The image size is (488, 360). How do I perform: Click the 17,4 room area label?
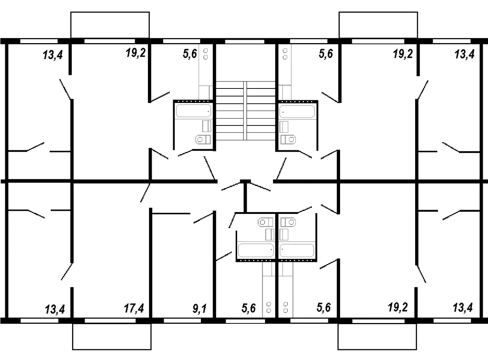click(x=134, y=309)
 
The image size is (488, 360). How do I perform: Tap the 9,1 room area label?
click(x=199, y=309)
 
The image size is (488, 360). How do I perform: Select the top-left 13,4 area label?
click(x=53, y=55)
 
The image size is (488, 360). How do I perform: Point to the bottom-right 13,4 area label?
click(x=463, y=307)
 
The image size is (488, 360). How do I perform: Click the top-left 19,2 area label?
click(x=135, y=53)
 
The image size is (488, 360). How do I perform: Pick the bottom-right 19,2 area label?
click(x=398, y=307)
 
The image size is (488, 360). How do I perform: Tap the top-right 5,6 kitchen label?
click(x=326, y=54)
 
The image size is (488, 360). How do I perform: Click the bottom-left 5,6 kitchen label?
click(x=248, y=309)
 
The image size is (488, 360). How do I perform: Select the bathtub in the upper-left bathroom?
click(x=193, y=111)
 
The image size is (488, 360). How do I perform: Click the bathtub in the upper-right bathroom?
click(x=297, y=111)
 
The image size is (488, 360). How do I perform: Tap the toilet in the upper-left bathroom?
click(x=203, y=140)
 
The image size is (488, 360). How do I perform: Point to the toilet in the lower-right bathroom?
click(x=288, y=222)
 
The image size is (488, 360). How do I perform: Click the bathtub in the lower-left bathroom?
click(x=256, y=250)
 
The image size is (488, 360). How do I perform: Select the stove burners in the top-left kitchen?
click(x=205, y=54)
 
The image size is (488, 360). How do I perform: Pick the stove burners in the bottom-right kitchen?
click(x=286, y=307)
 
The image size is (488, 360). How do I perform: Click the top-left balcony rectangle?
click(x=110, y=25)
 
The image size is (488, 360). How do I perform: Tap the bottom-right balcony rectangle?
click(x=377, y=337)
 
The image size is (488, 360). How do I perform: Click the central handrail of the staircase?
click(x=245, y=111)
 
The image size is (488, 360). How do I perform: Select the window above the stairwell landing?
click(x=244, y=42)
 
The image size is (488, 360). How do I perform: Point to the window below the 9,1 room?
click(x=182, y=321)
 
